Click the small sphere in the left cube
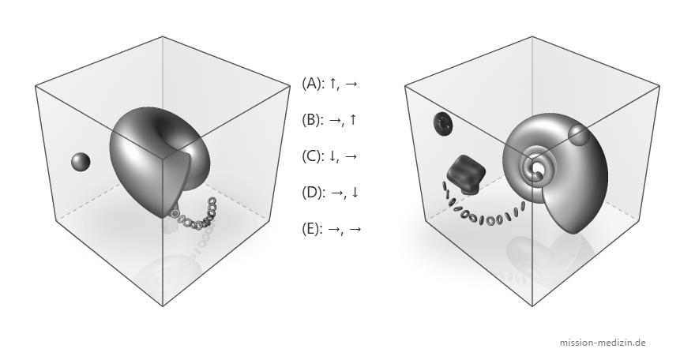(81, 162)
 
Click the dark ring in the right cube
(443, 123)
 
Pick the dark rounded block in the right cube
(466, 174)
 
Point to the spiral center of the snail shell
(538, 169)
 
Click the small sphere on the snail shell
(578, 135)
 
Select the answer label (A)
(313, 83)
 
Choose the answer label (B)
(313, 119)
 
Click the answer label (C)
(313, 156)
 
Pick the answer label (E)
(313, 228)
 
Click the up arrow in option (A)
(333, 83)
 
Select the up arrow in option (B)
(353, 119)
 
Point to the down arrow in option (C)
(333, 156)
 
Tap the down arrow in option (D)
(355, 193)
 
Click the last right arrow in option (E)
(355, 229)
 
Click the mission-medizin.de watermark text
(603, 343)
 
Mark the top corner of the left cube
(163, 36)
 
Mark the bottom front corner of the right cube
(532, 306)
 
